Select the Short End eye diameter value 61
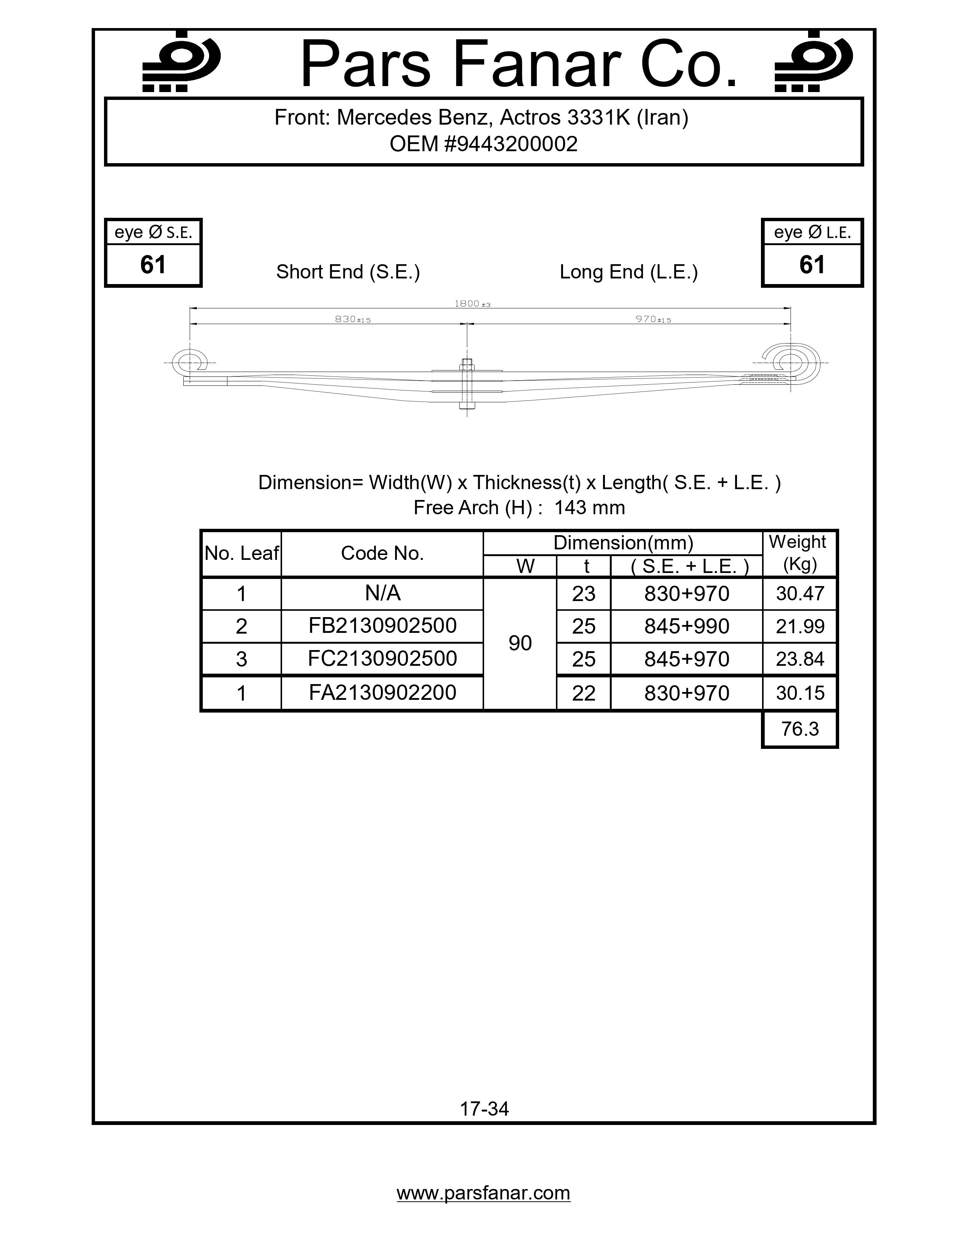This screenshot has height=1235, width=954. pyautogui.click(x=153, y=265)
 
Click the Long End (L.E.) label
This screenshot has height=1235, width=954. pyautogui.click(x=629, y=272)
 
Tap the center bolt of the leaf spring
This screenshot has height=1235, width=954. pyautogui.click(x=467, y=384)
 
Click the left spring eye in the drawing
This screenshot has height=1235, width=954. pyautogui.click(x=189, y=362)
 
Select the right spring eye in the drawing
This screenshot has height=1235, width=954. pyautogui.click(x=790, y=362)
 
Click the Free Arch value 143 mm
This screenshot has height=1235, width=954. pyautogui.click(x=590, y=508)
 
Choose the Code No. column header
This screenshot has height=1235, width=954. pyautogui.click(x=382, y=554)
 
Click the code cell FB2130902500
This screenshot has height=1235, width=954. pyautogui.click(x=382, y=626)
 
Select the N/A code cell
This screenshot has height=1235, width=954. pyautogui.click(x=382, y=593)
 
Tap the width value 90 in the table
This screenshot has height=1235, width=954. pyautogui.click(x=520, y=643)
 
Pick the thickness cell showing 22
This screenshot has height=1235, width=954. pyautogui.click(x=583, y=693)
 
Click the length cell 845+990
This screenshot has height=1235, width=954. pyautogui.click(x=686, y=626)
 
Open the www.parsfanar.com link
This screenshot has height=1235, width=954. pyautogui.click(x=483, y=1193)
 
